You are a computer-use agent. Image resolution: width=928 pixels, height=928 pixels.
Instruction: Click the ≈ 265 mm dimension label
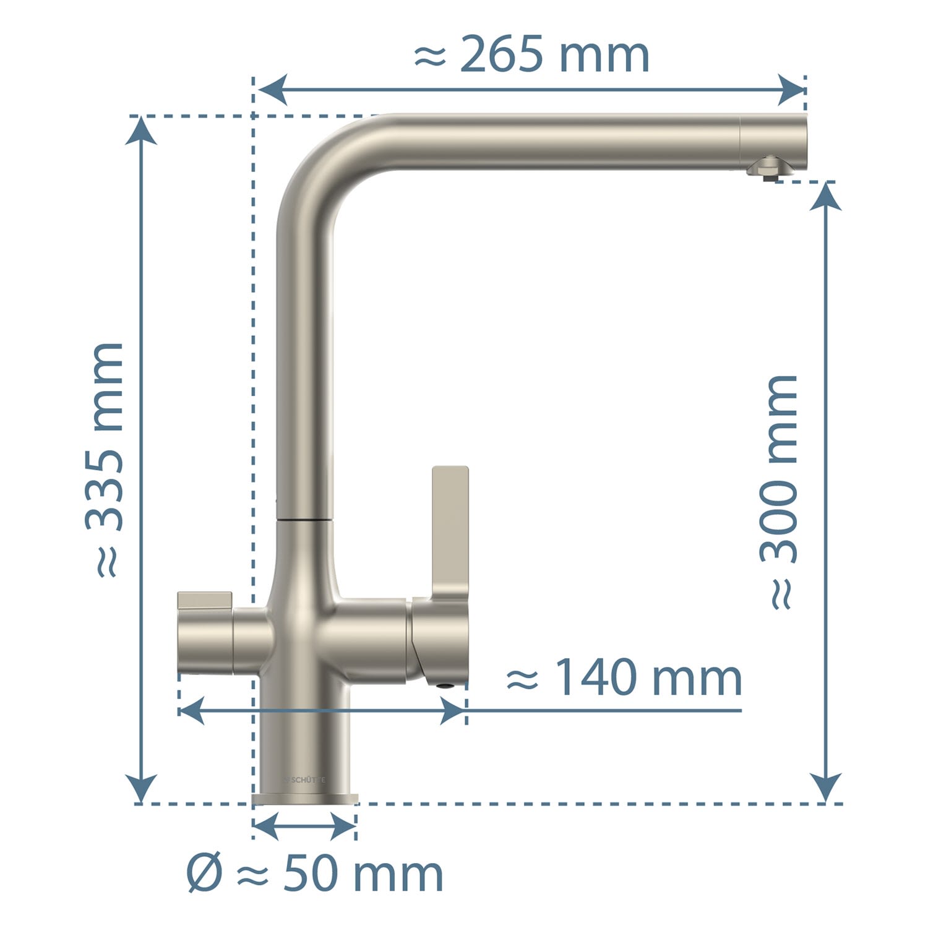click(x=531, y=54)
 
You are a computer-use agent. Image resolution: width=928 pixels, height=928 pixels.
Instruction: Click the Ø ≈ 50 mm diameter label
click(x=315, y=874)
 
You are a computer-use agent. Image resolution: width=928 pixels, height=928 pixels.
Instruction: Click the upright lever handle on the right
click(x=450, y=532)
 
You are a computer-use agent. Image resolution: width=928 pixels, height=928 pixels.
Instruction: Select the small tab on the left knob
click(x=205, y=600)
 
